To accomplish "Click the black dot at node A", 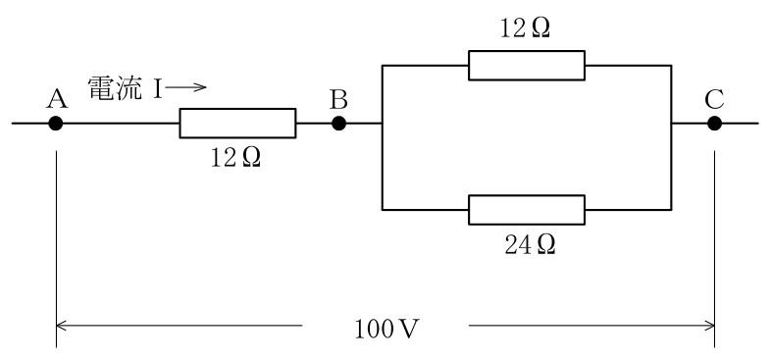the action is (56, 123).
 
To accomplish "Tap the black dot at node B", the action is (338, 123).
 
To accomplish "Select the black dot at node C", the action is (714, 123).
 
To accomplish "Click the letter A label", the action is (57, 100).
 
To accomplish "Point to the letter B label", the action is (338, 100).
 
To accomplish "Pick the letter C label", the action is (714, 100).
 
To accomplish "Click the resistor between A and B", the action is (237, 123).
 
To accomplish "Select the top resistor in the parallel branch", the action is (527, 65).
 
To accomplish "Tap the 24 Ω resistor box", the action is (527, 210).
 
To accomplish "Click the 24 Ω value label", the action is (530, 244).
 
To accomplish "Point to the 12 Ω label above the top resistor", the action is (525, 29).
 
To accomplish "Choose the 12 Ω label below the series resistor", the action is (235, 158).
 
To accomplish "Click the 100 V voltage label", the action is (386, 330).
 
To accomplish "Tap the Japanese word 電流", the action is (116, 88).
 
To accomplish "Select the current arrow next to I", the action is (185, 87).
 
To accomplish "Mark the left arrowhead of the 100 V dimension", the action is (57, 325).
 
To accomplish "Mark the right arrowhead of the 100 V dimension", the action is (714, 325).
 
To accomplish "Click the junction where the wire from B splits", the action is (382, 123).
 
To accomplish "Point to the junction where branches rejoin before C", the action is (671, 123).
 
